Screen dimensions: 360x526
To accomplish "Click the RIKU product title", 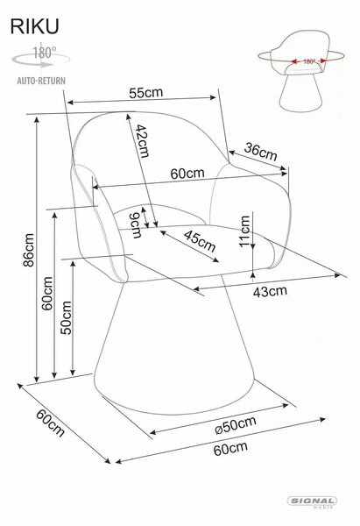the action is (34, 26).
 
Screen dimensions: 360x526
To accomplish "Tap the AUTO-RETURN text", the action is (41, 81).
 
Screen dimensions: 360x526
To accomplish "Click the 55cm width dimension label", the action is (146, 93).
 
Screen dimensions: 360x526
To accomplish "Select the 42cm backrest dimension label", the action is (142, 141).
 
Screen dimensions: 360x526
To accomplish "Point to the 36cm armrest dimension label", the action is (261, 152).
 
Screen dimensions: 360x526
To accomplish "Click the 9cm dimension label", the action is (135, 225).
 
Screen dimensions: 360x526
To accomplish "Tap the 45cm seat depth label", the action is (200, 241).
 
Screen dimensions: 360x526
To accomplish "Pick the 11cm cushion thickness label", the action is (245, 231).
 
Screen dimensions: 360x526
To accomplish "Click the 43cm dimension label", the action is (270, 291).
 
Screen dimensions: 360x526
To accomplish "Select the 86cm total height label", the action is (29, 250).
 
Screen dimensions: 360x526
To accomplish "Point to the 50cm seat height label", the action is (67, 317).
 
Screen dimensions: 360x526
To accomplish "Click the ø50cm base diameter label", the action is (236, 425).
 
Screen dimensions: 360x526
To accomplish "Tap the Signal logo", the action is (312, 502).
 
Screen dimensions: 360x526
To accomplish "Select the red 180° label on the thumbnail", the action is (309, 61).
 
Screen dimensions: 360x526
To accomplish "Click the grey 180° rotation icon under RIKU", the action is (41, 57).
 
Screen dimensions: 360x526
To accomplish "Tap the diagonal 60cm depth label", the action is (50, 423).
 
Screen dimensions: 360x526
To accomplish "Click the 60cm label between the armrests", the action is (187, 173).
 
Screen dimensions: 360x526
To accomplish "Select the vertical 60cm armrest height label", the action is (47, 293).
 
